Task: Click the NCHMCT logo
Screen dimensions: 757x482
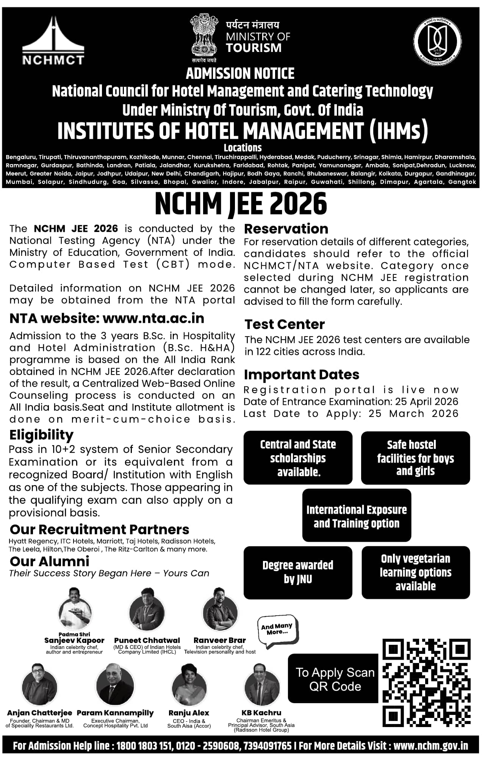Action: pyautogui.click(x=53, y=41)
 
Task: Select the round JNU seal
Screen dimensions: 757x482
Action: pyautogui.click(x=437, y=41)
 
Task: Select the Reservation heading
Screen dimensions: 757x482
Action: pyautogui.click(x=286, y=229)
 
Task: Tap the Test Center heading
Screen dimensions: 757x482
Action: pyautogui.click(x=285, y=324)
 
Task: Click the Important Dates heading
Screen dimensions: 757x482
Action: pyautogui.click(x=302, y=375)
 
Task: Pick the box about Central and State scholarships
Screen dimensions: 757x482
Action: pyautogui.click(x=298, y=458)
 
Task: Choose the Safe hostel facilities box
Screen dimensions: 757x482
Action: pyautogui.click(x=415, y=458)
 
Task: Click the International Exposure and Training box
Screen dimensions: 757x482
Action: pyautogui.click(x=357, y=516)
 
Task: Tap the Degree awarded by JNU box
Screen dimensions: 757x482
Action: pyautogui.click(x=298, y=572)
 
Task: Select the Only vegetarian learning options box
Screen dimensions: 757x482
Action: pyautogui.click(x=416, y=572)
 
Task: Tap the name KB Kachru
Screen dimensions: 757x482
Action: pyautogui.click(x=261, y=713)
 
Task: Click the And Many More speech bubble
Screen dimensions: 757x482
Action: pyautogui.click(x=277, y=631)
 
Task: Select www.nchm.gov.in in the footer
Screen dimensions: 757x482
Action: pyautogui.click(x=430, y=746)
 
